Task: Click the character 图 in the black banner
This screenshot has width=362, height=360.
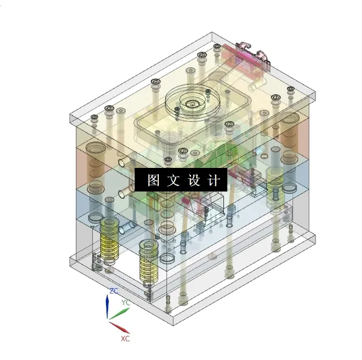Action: coord(153,181)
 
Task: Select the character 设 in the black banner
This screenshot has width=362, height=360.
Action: coord(193,181)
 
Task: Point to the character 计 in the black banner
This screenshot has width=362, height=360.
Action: coord(213,181)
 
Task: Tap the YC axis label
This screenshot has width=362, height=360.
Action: coord(125,302)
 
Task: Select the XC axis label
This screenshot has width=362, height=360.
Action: coord(125,339)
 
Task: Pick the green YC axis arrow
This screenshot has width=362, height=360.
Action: coord(119,314)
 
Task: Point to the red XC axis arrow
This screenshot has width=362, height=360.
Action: coord(119,328)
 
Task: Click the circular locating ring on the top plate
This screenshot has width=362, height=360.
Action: coord(190,104)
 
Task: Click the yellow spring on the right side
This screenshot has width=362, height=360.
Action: coord(275,184)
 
